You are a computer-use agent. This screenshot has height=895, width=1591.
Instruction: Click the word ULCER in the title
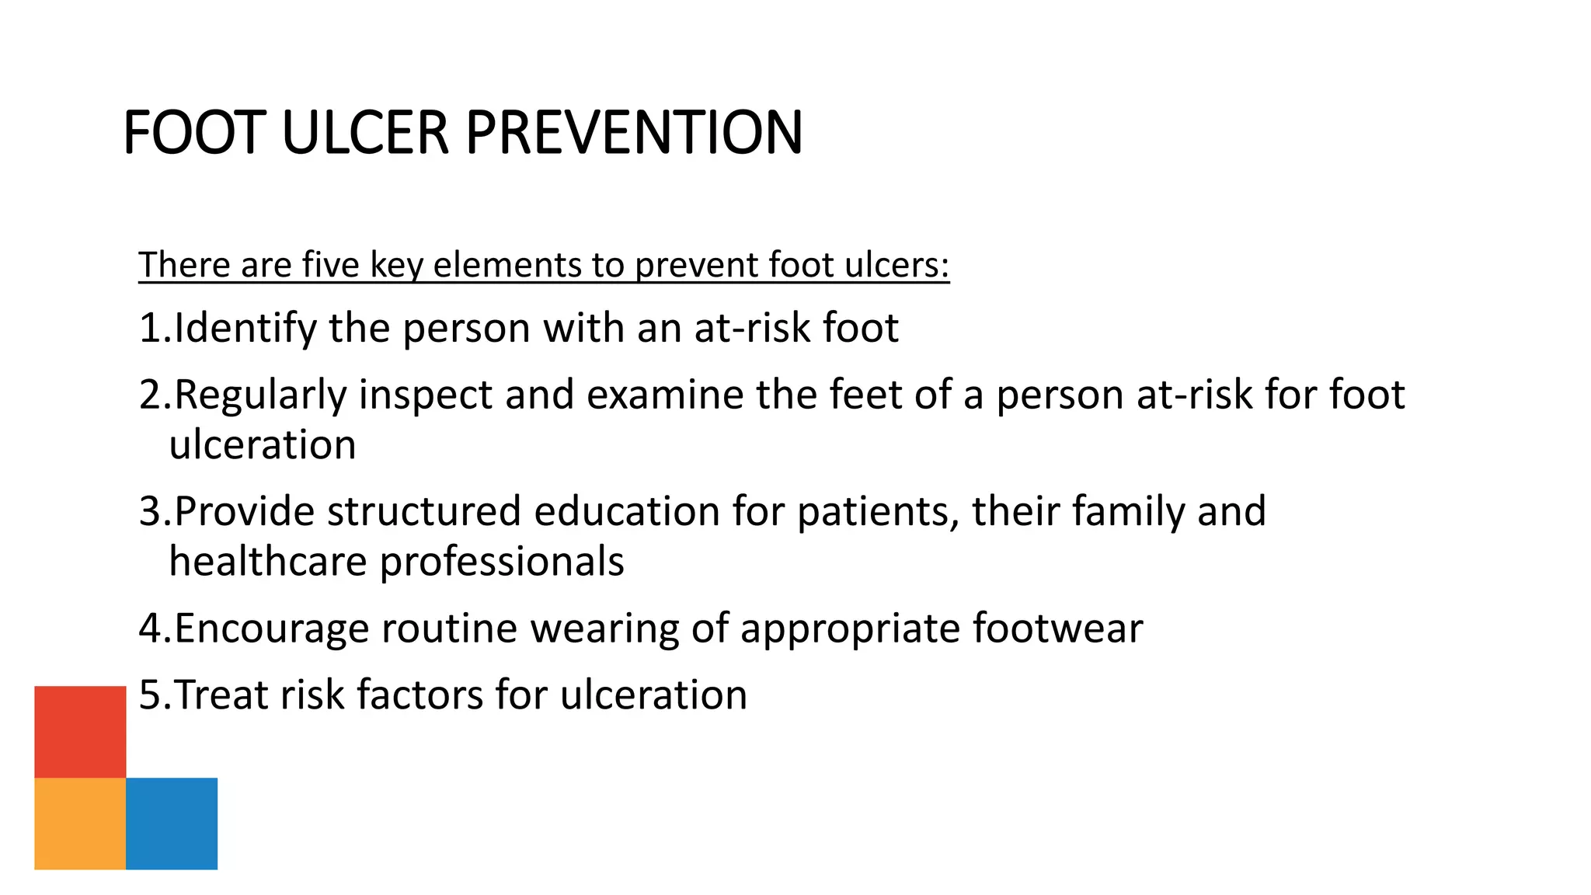point(365,133)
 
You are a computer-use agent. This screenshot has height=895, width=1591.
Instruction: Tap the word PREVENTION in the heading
point(634,133)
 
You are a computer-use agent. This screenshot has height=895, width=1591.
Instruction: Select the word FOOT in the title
point(195,133)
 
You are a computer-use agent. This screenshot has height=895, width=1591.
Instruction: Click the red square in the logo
point(80,731)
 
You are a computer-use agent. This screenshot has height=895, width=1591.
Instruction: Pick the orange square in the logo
point(80,823)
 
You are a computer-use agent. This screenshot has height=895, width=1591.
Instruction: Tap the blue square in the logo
point(172,823)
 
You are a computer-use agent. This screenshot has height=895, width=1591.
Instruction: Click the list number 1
point(150,328)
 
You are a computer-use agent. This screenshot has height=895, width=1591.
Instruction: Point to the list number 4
point(151,628)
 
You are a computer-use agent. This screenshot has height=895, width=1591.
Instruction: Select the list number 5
point(150,695)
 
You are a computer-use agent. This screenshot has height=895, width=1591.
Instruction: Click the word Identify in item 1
point(245,328)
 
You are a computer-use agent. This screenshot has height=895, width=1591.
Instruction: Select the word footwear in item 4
point(1057,628)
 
